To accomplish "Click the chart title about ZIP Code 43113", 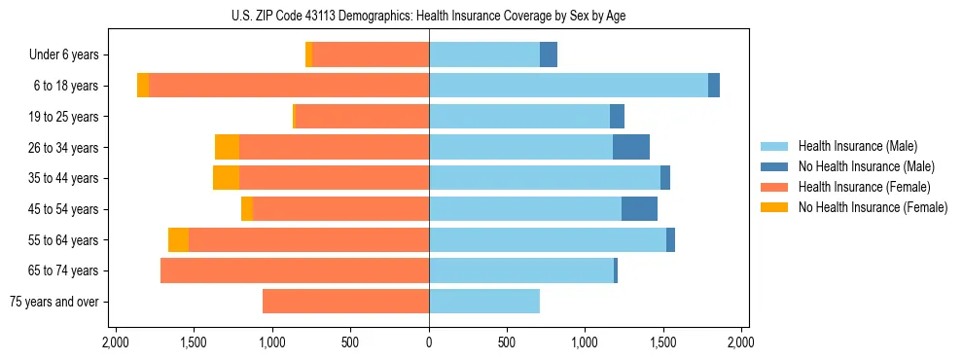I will click(435, 15).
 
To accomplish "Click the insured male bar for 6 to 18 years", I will click(568, 86).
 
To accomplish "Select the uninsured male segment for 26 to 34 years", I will click(631, 147).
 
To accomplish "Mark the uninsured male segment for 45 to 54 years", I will click(639, 209).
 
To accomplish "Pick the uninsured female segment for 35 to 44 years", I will click(226, 178).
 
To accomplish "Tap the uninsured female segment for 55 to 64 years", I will click(178, 239).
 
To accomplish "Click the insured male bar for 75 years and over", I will click(484, 302).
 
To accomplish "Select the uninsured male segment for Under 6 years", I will click(549, 55).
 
